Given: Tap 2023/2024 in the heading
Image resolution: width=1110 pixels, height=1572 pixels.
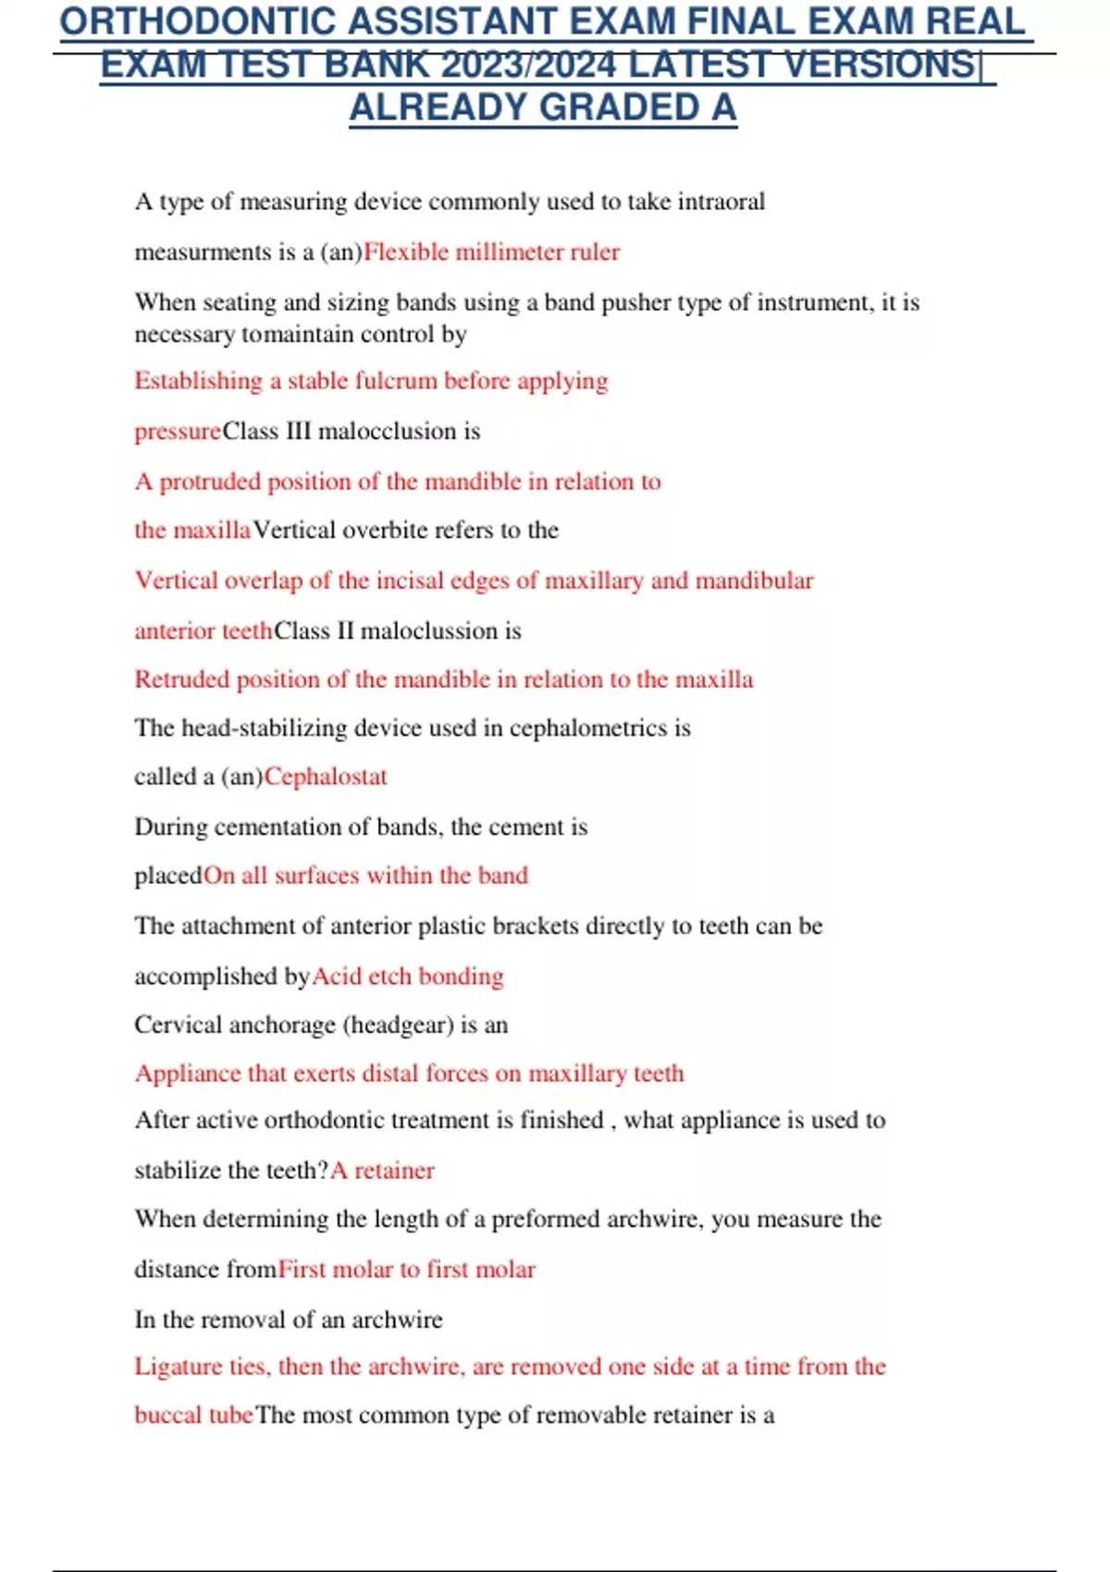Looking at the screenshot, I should (x=529, y=66).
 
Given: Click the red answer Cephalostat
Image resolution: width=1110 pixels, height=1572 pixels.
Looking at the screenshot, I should (x=326, y=777).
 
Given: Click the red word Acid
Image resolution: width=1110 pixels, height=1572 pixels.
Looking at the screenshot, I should (x=337, y=976).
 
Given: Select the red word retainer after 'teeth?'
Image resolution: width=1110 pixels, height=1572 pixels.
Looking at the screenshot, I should (x=394, y=1171).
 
